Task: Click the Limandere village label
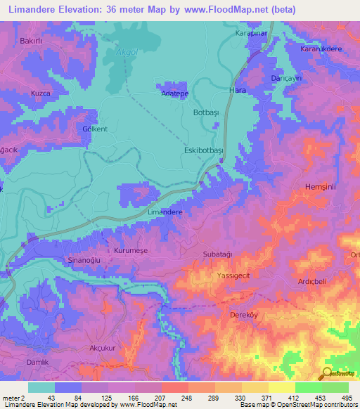tap(165, 212)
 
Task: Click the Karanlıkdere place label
tap(321, 49)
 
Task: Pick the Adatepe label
tap(173, 93)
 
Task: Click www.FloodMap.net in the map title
tap(220, 10)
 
